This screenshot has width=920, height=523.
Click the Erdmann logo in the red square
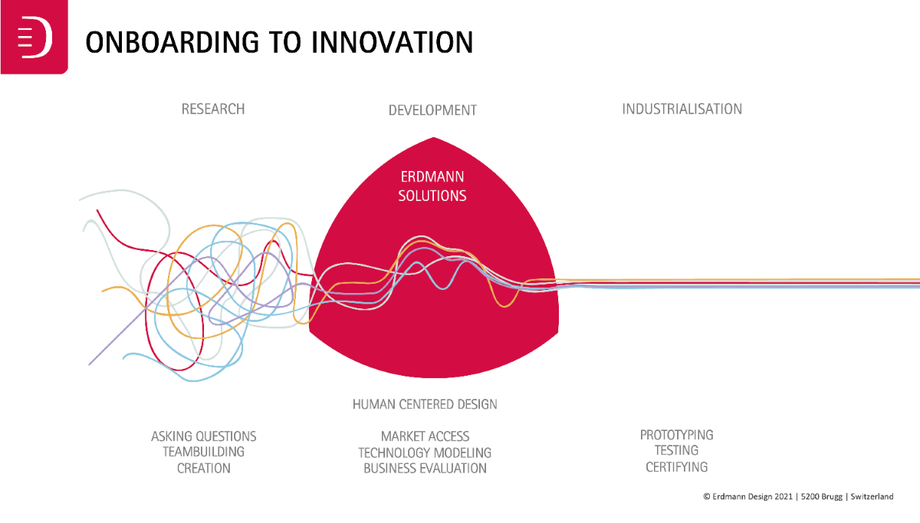point(34,38)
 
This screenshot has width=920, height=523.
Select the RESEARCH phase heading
point(213,109)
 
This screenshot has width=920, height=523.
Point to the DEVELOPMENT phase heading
point(432,110)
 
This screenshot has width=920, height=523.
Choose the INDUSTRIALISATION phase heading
point(682,109)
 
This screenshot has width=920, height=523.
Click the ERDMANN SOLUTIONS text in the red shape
point(432,186)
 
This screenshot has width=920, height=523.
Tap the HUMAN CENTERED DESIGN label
point(425,404)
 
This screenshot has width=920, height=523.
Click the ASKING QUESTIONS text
point(204,436)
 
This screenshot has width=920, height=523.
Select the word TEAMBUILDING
point(203,452)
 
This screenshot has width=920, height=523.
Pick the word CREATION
point(203,468)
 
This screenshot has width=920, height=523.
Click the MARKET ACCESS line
point(425,436)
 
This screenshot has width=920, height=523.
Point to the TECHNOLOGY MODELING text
point(425,452)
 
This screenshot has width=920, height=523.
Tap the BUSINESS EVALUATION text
point(425,468)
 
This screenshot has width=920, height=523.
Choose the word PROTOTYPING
point(676,435)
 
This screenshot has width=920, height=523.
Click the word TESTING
point(676,451)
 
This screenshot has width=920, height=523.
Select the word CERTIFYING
point(676,466)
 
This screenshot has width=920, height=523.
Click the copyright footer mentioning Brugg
point(797,497)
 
